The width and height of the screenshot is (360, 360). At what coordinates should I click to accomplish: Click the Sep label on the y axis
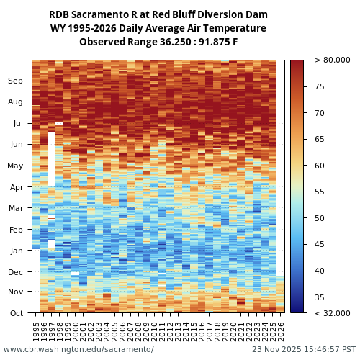[15, 81]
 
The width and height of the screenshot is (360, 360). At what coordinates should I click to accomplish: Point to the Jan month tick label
[15, 251]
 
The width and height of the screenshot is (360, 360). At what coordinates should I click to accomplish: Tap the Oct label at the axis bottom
[15, 313]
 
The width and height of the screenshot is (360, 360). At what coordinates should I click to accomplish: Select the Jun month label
[15, 144]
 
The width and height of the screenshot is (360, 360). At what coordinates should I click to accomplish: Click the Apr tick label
[15, 187]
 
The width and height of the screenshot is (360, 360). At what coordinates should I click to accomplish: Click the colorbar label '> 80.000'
[333, 60]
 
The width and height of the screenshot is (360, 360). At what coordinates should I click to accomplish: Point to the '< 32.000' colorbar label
[333, 313]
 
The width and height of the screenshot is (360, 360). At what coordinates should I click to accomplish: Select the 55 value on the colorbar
[320, 192]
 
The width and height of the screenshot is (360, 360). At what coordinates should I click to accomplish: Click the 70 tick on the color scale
[320, 113]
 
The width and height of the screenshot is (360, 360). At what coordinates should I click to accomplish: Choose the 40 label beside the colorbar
[320, 271]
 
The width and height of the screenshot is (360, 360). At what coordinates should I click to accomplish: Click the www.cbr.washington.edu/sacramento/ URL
[78, 350]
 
